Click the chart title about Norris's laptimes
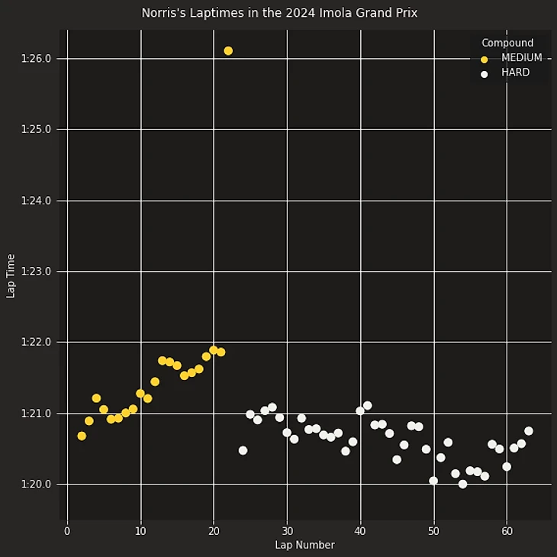click(279, 13)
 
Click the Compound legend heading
click(507, 43)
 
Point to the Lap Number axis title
click(304, 545)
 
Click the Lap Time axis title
click(11, 276)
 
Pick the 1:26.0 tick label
click(37, 59)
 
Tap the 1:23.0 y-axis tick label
click(37, 272)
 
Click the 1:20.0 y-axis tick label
click(37, 485)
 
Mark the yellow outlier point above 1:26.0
click(228, 50)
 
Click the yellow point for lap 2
click(82, 436)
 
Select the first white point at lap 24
click(243, 450)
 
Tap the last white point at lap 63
click(528, 431)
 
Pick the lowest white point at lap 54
click(462, 484)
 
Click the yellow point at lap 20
click(214, 350)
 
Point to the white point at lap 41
click(367, 405)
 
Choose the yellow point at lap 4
click(96, 398)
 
